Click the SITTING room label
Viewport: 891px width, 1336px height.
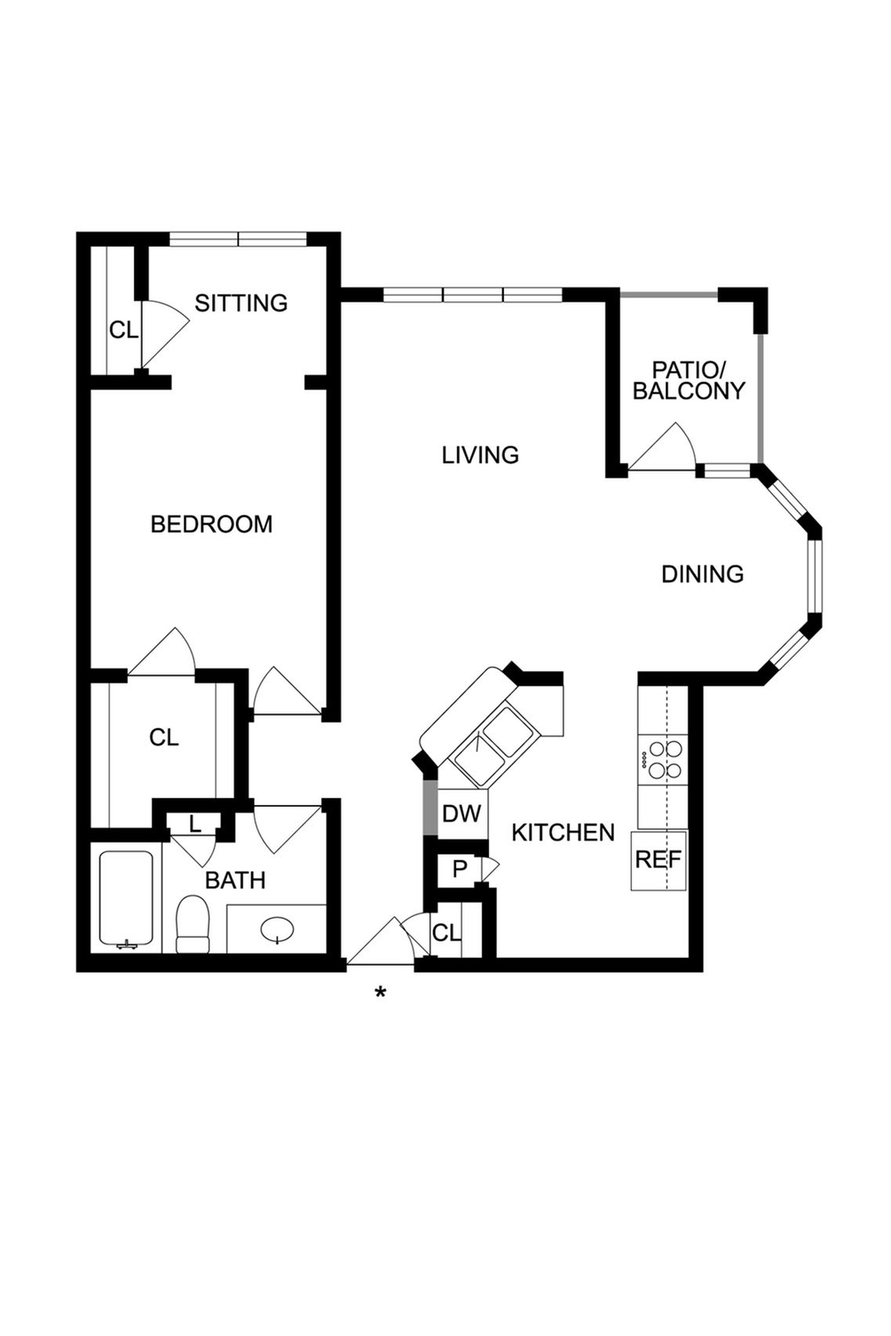(241, 303)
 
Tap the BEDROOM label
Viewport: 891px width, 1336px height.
(212, 524)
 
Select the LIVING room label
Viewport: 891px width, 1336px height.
(480, 455)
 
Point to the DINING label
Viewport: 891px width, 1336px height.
(703, 574)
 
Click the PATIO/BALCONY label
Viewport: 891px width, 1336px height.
(689, 381)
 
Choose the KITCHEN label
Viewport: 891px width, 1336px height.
(563, 832)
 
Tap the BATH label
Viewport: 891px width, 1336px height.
(235, 880)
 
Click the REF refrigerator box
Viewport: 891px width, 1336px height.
(659, 860)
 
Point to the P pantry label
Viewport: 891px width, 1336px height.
(459, 869)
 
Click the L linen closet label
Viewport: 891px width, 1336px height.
(195, 825)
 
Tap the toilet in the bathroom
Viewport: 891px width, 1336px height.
(192, 924)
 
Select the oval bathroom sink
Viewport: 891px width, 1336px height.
(277, 929)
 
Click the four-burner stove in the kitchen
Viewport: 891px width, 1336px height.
(662, 760)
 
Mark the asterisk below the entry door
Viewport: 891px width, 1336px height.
(380, 992)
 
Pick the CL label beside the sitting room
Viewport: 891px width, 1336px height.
(124, 330)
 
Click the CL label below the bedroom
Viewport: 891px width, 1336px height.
(164, 738)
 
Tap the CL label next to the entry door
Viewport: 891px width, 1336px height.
(447, 933)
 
